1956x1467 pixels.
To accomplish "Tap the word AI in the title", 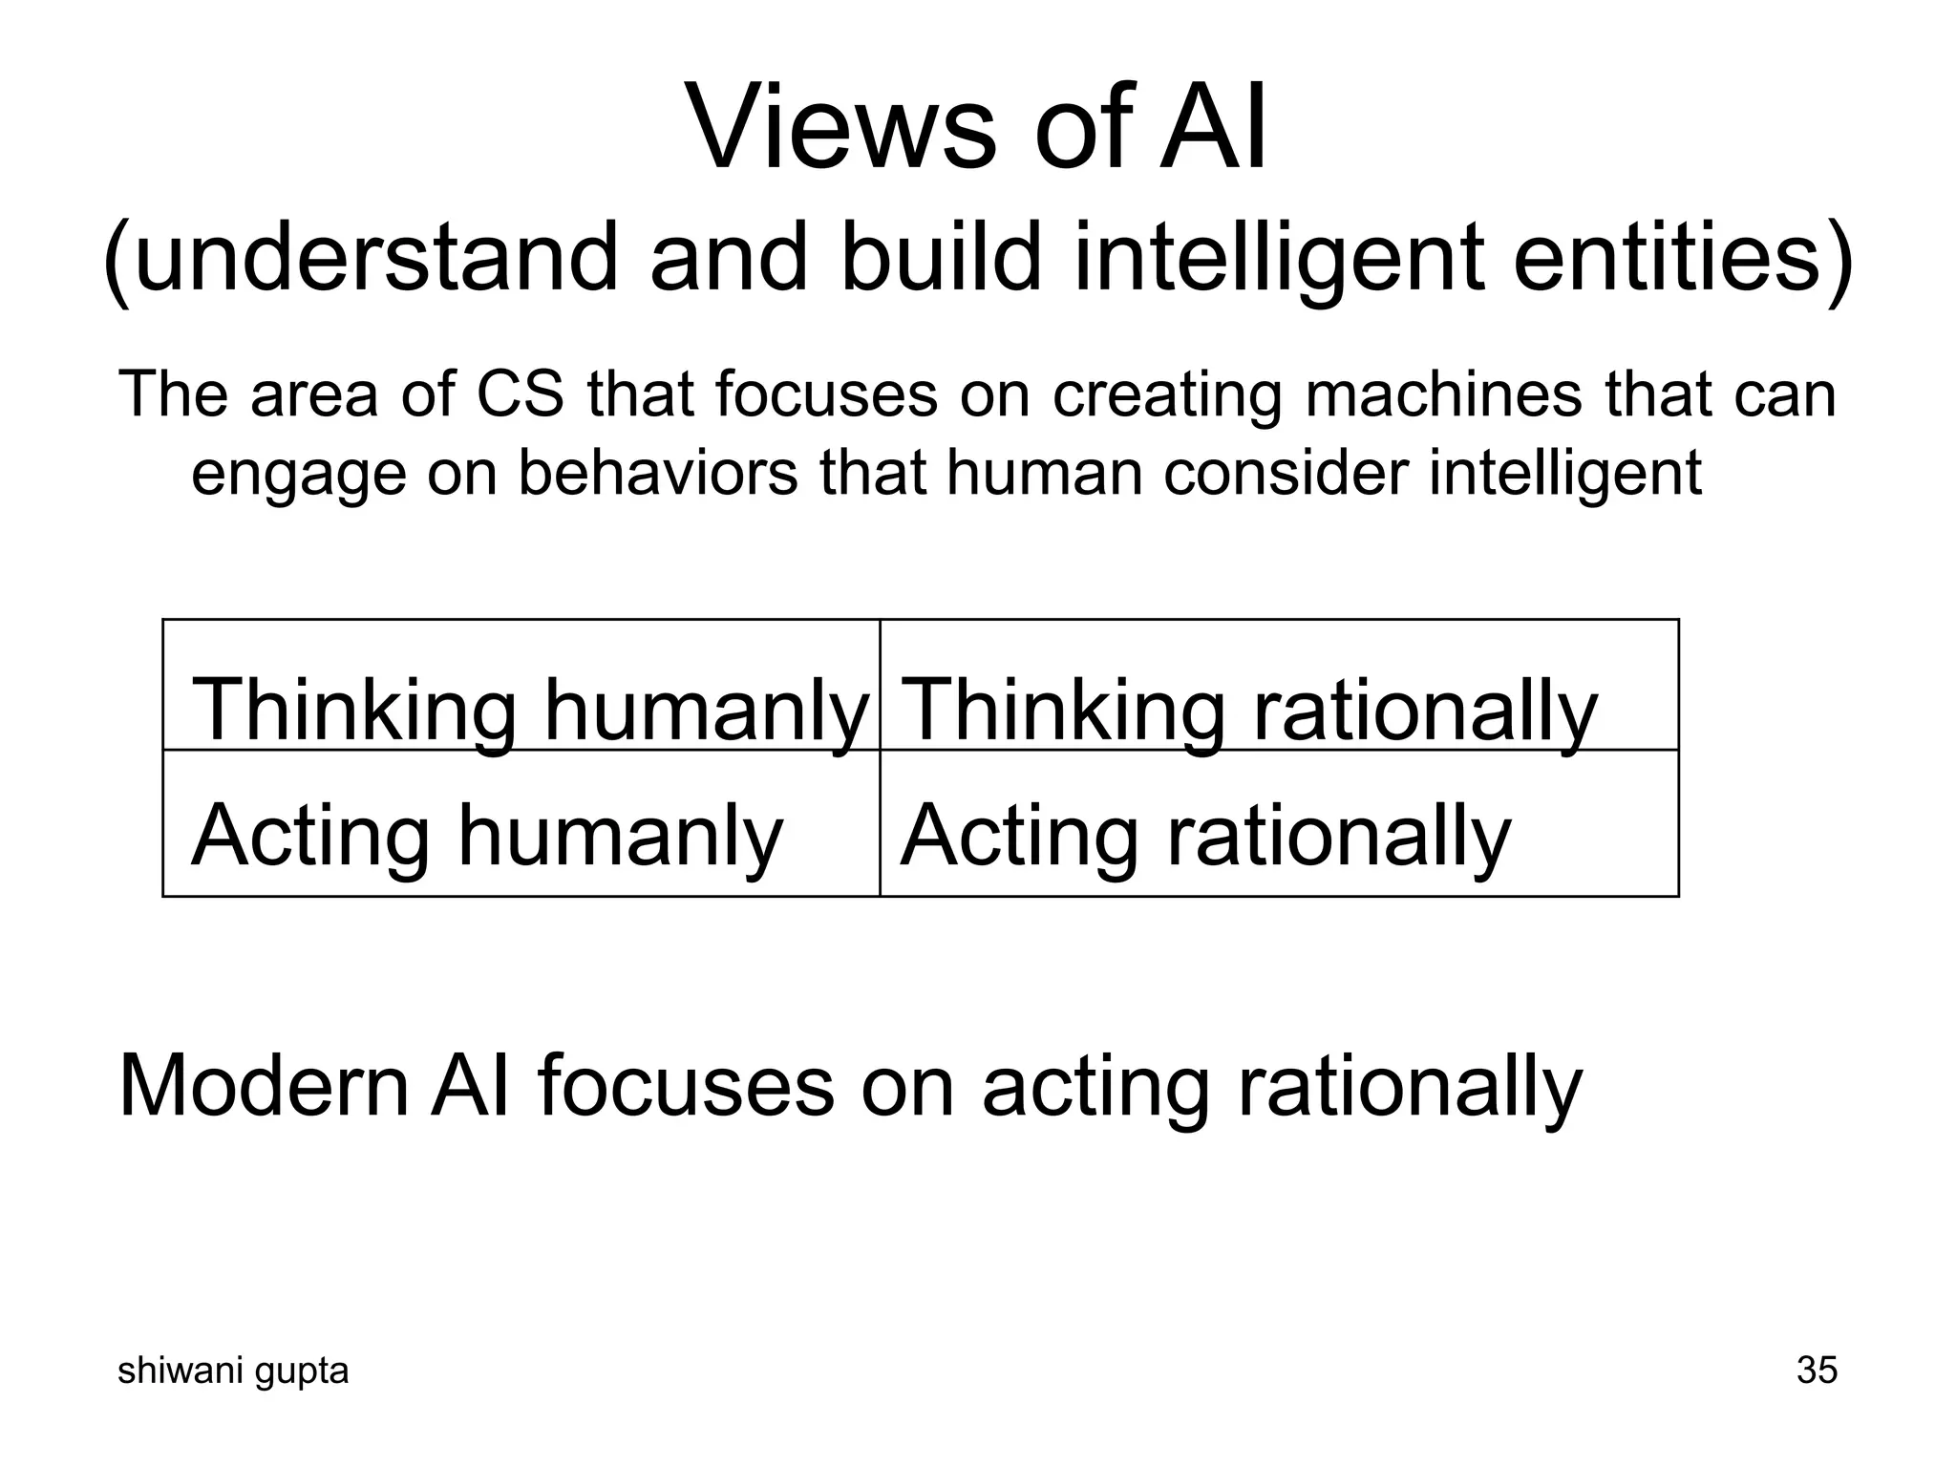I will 1214,128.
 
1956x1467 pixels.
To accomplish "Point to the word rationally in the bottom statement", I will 1410,1089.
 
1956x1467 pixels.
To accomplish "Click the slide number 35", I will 1816,1371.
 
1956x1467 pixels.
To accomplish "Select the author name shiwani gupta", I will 233,1371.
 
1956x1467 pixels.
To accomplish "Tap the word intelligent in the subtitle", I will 1280,257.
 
